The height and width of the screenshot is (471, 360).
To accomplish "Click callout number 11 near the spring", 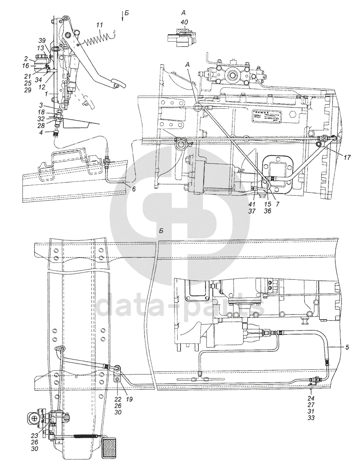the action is [99, 25].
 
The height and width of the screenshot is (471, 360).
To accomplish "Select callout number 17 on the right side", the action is [348, 156].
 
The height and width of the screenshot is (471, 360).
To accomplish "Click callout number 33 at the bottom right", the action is [311, 417].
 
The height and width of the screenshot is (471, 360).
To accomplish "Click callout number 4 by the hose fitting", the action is [42, 132].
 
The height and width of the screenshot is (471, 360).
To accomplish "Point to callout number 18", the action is [41, 112].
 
